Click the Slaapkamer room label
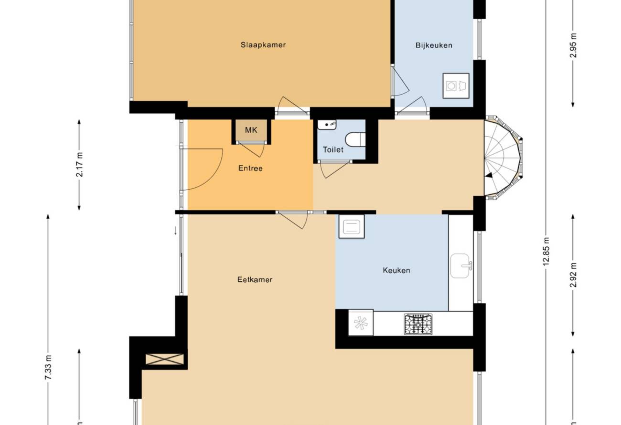[263, 45]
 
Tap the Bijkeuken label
[434, 45]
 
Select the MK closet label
[251, 130]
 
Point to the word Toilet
[333, 149]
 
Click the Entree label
[250, 168]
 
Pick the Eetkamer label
[255, 279]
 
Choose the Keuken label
[396, 270]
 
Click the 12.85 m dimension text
[546, 251]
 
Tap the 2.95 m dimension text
[573, 45]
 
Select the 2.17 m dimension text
[80, 165]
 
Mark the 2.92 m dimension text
[573, 275]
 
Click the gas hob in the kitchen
[418, 324]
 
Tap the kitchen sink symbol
[461, 266]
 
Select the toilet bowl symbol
[355, 139]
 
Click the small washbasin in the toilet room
[327, 125]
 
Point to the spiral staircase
[503, 158]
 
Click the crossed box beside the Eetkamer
[165, 359]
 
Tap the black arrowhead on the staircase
[489, 175]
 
